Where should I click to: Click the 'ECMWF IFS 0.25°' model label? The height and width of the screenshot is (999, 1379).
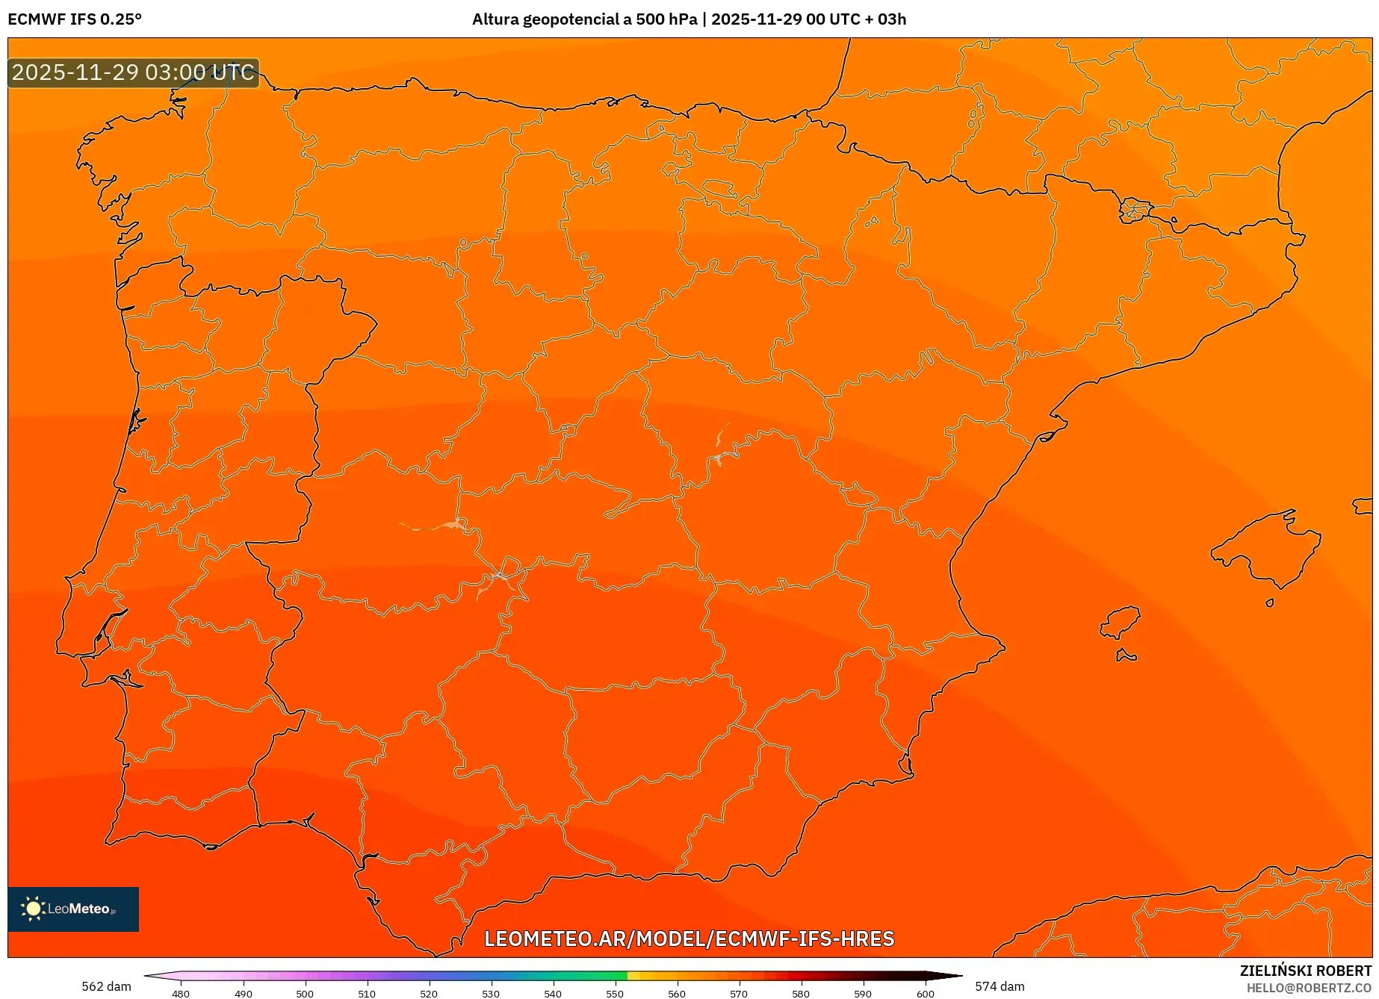tap(75, 19)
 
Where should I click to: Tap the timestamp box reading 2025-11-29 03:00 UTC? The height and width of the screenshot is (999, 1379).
tap(133, 72)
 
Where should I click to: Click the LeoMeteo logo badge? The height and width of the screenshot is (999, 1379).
tap(73, 909)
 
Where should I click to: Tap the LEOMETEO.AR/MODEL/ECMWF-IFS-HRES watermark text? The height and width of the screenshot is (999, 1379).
tap(689, 939)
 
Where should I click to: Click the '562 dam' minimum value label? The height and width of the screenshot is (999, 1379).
tap(106, 986)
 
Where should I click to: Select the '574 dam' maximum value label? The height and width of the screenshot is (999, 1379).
tap(1000, 986)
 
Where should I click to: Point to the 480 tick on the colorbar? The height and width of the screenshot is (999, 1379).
tap(181, 994)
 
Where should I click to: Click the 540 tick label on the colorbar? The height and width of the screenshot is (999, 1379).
tap(553, 994)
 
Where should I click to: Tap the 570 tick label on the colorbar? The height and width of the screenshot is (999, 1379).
tap(739, 994)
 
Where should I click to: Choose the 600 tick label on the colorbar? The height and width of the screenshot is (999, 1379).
tap(925, 994)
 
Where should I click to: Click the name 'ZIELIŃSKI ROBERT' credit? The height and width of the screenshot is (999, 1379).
tap(1306, 971)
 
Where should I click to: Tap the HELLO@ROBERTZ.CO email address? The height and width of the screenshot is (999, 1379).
tap(1309, 988)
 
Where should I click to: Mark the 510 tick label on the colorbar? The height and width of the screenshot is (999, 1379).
tap(367, 994)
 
